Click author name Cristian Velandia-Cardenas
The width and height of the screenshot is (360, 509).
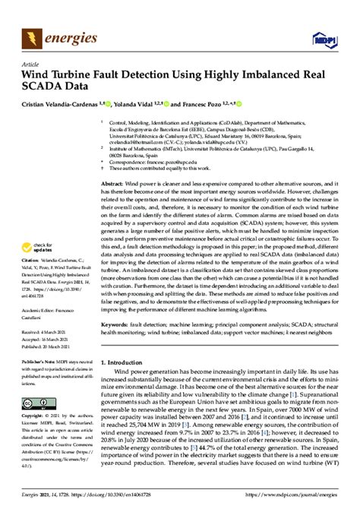coord(66,103)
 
